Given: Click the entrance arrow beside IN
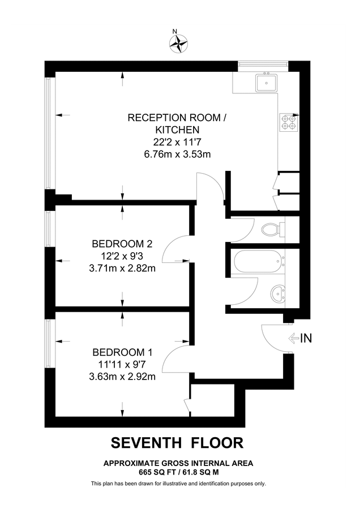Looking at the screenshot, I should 294,339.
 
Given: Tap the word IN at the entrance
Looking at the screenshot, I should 306,339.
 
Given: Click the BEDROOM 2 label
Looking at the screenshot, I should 122,244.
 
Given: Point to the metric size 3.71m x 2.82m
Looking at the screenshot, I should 122,268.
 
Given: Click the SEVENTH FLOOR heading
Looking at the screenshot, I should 177,442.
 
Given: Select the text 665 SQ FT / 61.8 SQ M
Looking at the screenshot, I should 178,471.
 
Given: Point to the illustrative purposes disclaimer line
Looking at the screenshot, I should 178,484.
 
